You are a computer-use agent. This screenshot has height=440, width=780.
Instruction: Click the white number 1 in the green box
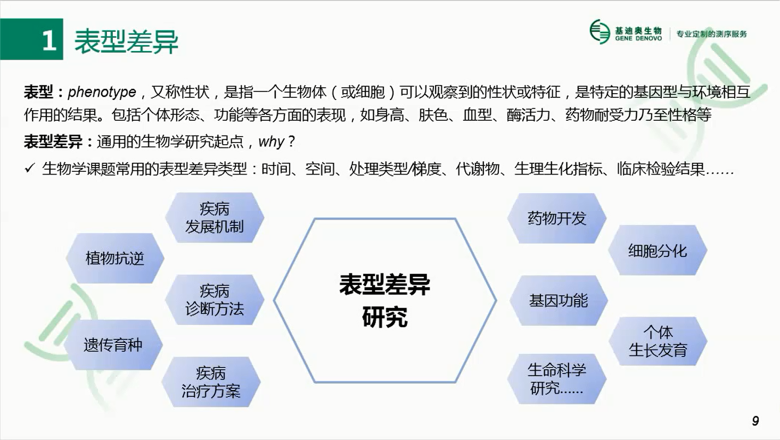coord(49,40)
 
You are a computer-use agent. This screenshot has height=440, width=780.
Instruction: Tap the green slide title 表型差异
coord(126,41)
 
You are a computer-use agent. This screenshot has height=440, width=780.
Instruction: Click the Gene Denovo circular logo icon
coord(600,32)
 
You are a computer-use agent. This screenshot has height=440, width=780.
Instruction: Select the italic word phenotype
coord(102,92)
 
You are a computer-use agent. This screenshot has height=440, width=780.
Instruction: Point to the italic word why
coord(272,142)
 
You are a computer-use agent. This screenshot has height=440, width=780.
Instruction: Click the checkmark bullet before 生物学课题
coord(30,169)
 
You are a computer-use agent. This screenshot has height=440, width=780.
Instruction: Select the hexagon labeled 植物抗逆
coord(115,258)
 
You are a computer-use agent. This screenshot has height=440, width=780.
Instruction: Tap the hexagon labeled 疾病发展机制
coord(215,218)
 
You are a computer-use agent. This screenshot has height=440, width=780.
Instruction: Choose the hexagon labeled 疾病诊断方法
coord(215,300)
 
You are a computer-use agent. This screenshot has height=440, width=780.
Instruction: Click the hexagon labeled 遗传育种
coord(113,345)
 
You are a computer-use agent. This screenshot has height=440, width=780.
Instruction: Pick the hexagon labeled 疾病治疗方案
coord(211,382)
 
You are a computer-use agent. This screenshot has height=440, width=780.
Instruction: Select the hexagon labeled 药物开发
coord(557,218)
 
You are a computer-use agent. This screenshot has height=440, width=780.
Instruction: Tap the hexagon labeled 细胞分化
coord(658,250)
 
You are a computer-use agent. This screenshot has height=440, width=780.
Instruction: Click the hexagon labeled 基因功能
coord(559,301)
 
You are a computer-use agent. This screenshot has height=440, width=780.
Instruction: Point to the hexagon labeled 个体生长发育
coord(658,341)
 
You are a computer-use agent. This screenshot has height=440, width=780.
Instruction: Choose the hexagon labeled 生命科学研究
coord(557,379)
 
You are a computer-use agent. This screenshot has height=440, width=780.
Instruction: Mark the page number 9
coord(756,421)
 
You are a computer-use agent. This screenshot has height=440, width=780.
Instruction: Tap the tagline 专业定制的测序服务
coord(711,34)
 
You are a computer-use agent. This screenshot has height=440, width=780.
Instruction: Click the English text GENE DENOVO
coord(638,38)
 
